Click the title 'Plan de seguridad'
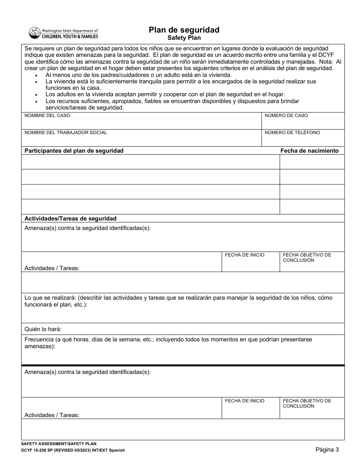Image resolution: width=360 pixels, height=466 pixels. coord(184,30)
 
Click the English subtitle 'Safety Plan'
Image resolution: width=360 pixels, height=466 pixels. coord(184,38)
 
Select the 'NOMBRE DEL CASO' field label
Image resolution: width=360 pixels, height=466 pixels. coord(47,116)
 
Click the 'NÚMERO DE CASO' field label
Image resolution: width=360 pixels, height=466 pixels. coord(286,116)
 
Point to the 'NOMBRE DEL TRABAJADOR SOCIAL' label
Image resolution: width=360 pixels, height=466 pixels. coord(66,133)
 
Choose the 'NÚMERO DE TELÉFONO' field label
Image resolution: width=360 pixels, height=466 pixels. coord(292,133)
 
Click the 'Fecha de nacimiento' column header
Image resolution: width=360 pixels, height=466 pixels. coord(309,151)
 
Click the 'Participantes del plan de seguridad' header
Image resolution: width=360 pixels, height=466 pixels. coord(74,151)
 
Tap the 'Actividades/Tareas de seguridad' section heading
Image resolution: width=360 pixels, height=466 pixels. coord(70,219)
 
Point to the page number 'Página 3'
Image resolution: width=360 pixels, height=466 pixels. coord(327,450)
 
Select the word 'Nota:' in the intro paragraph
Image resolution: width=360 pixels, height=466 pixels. coord(326,61)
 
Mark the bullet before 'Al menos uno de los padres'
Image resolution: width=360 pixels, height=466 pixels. coord(36,75)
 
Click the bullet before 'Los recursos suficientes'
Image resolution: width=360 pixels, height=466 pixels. coord(36,102)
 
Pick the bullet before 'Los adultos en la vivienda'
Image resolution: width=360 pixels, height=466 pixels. coord(36,95)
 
